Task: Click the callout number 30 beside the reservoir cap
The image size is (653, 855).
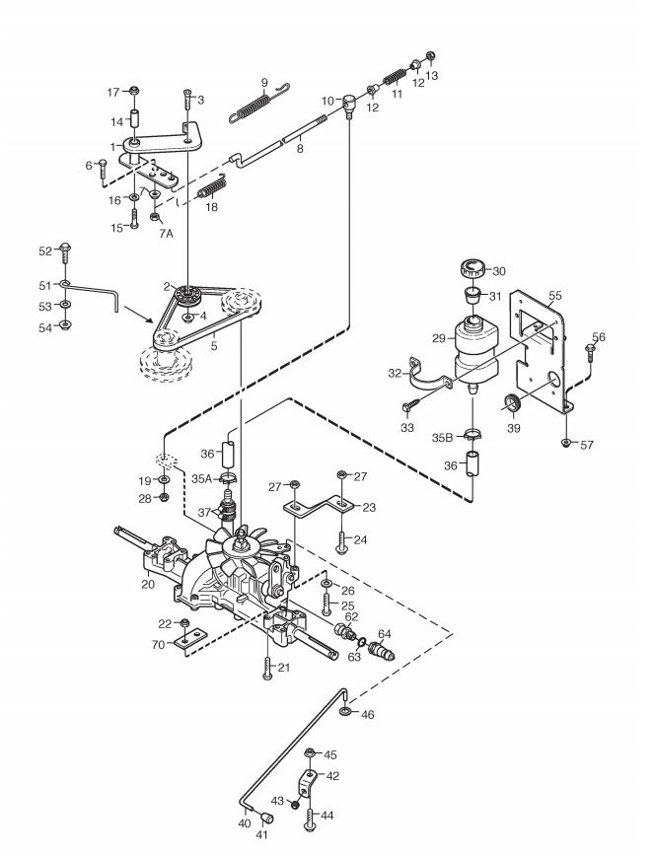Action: pyautogui.click(x=498, y=271)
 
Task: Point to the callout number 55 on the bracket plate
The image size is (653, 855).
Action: pyautogui.click(x=554, y=296)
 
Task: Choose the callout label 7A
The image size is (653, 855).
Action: pyautogui.click(x=166, y=234)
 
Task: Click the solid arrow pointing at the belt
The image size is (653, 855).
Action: pyautogui.click(x=138, y=315)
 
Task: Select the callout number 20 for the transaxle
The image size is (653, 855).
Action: pyautogui.click(x=148, y=584)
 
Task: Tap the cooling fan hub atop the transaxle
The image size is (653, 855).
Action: pyautogui.click(x=239, y=542)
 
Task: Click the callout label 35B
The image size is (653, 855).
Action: pyautogui.click(x=443, y=437)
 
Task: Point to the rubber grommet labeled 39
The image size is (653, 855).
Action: pyautogui.click(x=512, y=405)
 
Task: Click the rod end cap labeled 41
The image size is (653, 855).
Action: pyautogui.click(x=266, y=818)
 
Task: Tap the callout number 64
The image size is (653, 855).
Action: pyautogui.click(x=385, y=634)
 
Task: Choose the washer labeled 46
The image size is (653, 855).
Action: pyautogui.click(x=345, y=711)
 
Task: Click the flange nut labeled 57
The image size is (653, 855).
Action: pyautogui.click(x=567, y=442)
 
